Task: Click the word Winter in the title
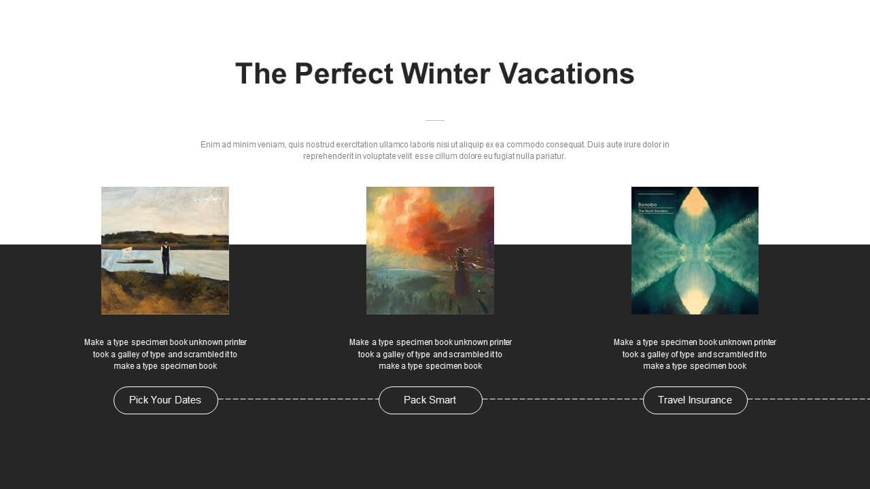tap(445, 73)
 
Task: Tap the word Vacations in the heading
tap(566, 73)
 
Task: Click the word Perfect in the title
tap(344, 73)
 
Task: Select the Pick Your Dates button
tap(165, 400)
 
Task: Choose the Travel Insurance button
tap(695, 400)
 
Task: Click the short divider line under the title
tap(435, 120)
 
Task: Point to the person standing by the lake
tap(166, 258)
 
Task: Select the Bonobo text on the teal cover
tap(648, 204)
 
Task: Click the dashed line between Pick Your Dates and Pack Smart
tap(298, 399)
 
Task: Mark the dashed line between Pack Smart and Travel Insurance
tap(563, 399)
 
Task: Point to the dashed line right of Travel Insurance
tap(809, 399)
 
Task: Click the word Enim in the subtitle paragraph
tap(210, 145)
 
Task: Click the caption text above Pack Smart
tap(430, 354)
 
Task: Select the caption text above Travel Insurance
tap(695, 354)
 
